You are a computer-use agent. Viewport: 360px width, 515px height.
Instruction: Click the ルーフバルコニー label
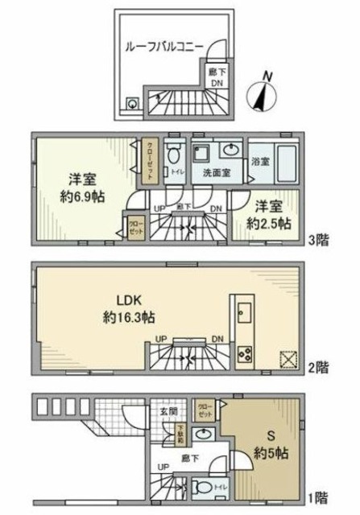tap(164, 47)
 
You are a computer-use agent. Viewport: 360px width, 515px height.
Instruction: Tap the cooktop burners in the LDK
tap(246, 352)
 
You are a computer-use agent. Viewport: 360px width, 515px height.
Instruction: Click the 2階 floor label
tap(321, 369)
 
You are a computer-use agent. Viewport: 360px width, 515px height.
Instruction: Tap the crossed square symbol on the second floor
tap(288, 359)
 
